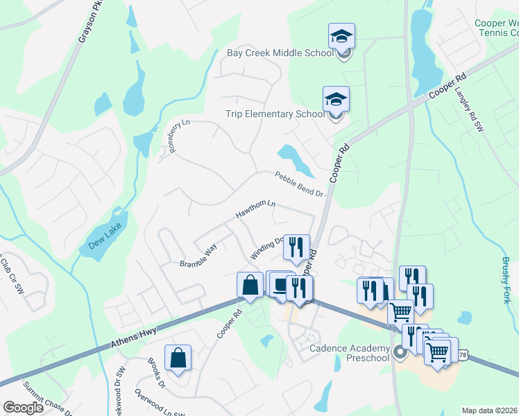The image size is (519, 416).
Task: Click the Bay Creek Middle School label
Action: (x=280, y=53)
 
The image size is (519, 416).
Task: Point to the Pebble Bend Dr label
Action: (x=299, y=184)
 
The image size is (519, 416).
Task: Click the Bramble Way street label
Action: (x=198, y=256)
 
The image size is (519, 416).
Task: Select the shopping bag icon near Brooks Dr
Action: (x=178, y=358)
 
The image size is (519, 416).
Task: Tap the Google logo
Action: (x=24, y=408)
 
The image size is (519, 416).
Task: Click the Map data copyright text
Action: (x=490, y=410)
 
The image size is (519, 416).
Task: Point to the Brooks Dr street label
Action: (x=156, y=372)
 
